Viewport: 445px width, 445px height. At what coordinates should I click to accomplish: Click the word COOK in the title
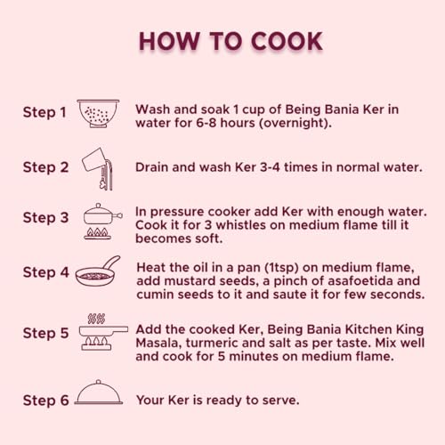287,41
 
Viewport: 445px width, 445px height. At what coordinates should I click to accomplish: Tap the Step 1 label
44,112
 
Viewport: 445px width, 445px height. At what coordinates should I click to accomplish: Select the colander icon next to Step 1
98,114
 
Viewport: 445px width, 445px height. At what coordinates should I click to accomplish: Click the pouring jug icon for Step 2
98,169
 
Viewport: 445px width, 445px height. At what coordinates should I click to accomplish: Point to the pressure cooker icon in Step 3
103,222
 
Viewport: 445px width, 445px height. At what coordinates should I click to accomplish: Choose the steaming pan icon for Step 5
103,332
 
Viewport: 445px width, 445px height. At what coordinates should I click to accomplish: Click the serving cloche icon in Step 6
99,392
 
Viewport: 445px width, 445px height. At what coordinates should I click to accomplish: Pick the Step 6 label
46,400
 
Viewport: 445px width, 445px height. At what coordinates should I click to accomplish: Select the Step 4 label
46,272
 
